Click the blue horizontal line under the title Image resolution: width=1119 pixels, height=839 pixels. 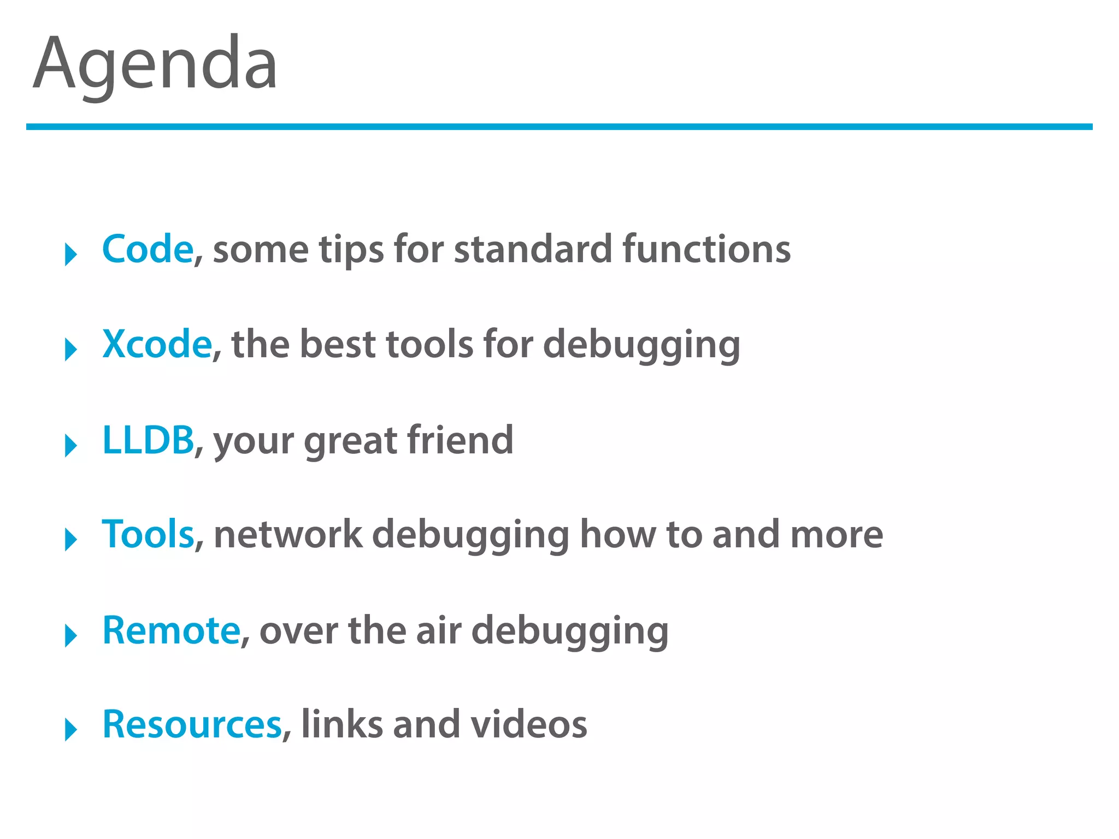pyautogui.click(x=559, y=127)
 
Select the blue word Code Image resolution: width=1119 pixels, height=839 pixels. pyautogui.click(x=148, y=249)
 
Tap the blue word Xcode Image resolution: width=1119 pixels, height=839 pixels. pyautogui.click(x=157, y=344)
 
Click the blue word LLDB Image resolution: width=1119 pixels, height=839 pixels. pyautogui.click(x=148, y=440)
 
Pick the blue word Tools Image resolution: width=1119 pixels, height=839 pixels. pyautogui.click(x=148, y=534)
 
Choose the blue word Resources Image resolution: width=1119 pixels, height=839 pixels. pyautogui.click(x=192, y=724)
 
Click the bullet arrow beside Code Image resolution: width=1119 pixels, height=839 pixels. pyautogui.click(x=70, y=255)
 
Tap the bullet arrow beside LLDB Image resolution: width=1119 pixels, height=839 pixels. pyautogui.click(x=70, y=446)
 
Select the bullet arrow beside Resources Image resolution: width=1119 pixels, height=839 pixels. pyautogui.click(x=70, y=730)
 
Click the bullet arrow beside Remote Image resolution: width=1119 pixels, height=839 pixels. pyautogui.click(x=70, y=636)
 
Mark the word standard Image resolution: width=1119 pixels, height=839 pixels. pyautogui.click(x=533, y=249)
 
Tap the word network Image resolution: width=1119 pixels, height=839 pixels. pyautogui.click(x=288, y=534)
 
